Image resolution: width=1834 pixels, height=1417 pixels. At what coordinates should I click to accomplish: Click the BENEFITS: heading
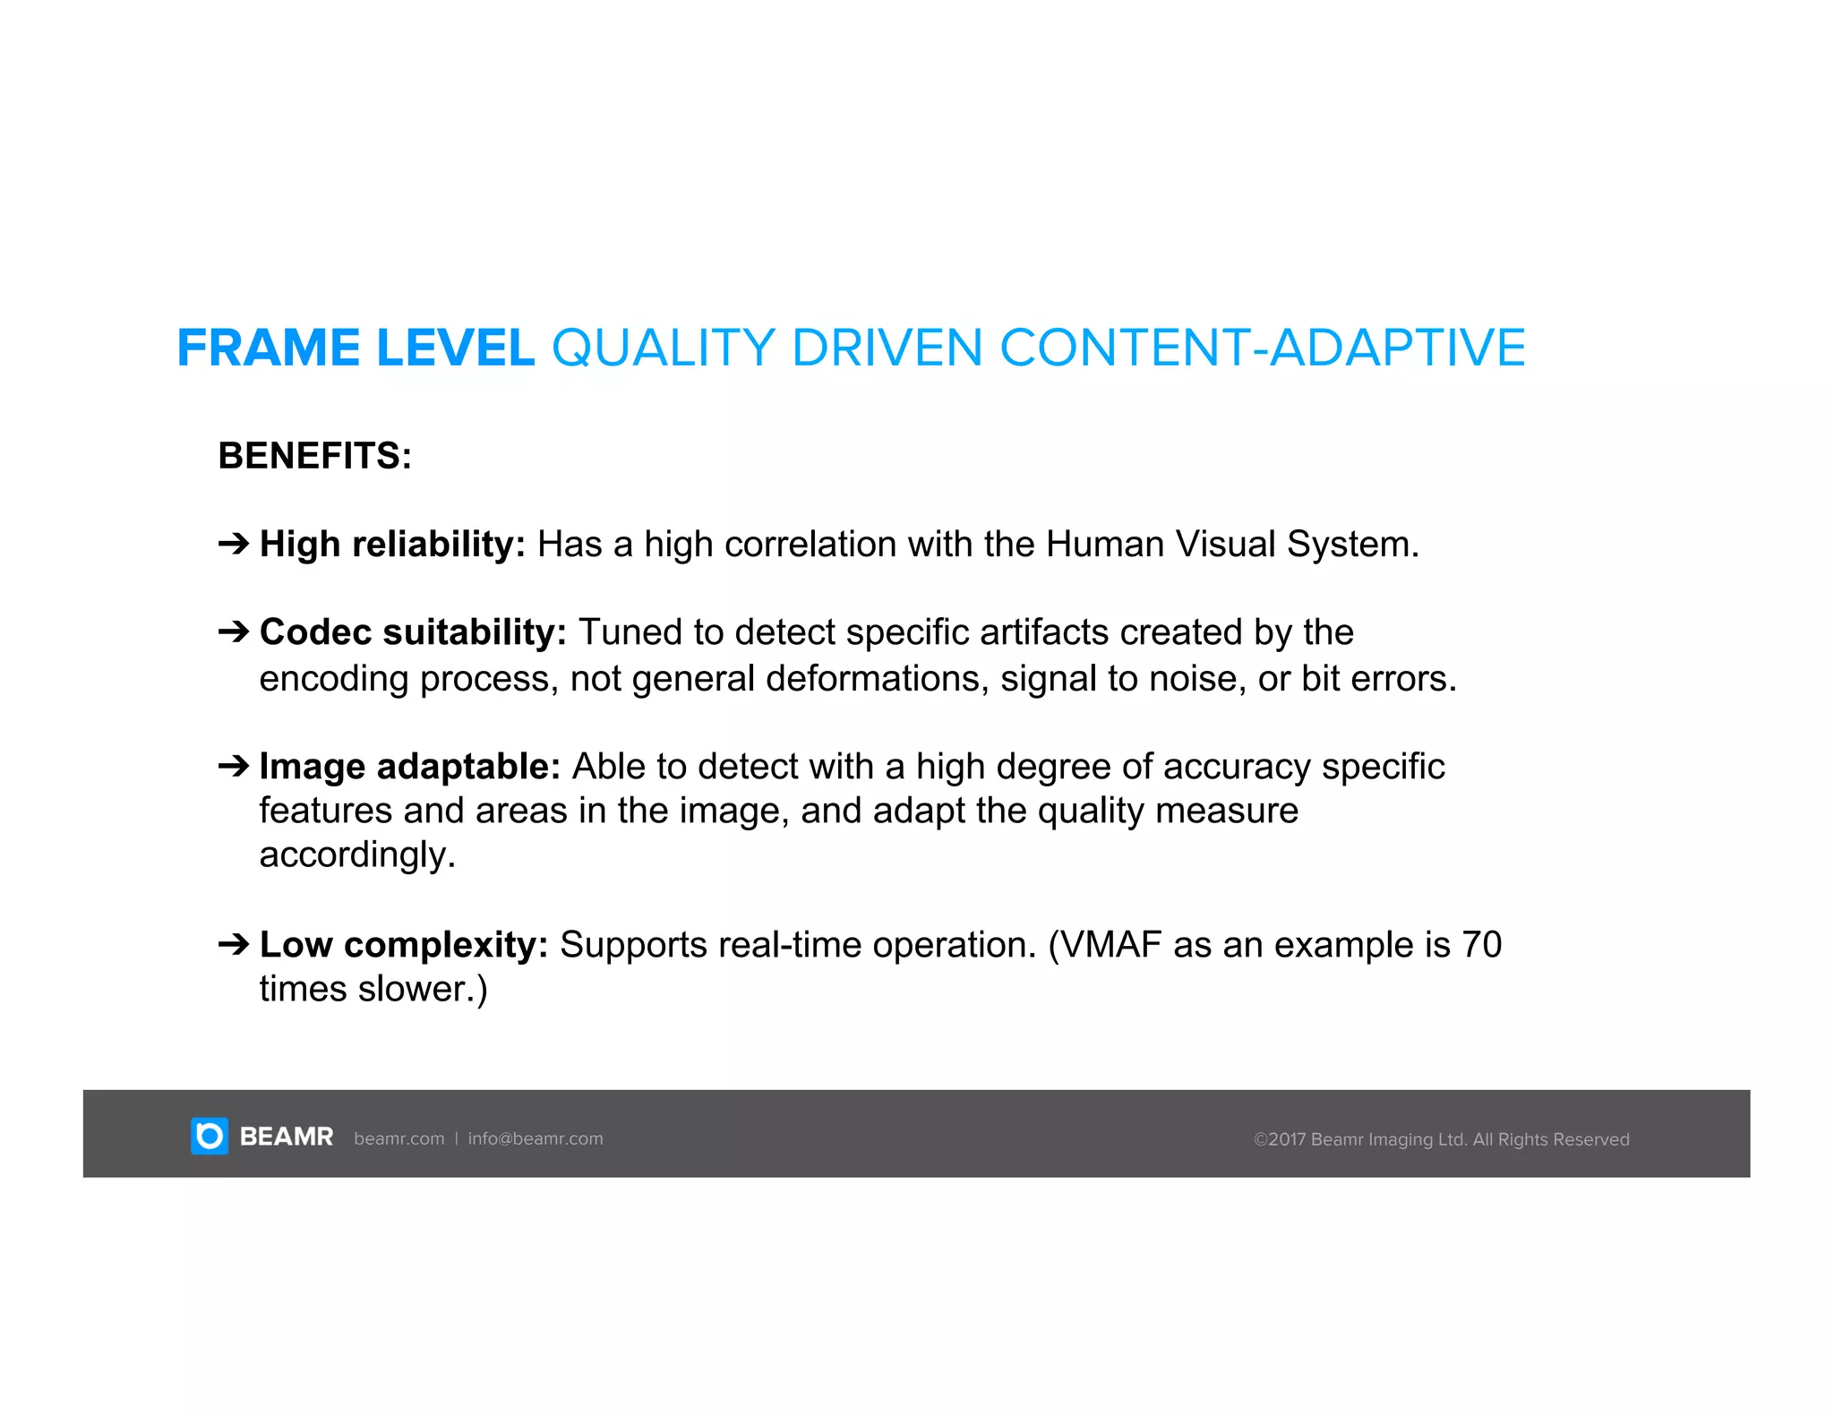314,456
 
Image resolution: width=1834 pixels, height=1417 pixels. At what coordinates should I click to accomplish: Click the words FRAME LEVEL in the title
356,348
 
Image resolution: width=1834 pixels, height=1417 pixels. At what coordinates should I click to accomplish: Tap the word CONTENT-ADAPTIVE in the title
1262,348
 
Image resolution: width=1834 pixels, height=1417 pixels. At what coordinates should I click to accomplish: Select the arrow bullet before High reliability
234,543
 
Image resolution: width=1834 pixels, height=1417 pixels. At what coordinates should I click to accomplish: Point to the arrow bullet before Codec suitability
234,631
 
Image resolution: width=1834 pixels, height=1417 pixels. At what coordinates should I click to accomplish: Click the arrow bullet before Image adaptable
234,766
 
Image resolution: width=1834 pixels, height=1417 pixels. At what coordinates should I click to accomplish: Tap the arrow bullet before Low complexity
234,944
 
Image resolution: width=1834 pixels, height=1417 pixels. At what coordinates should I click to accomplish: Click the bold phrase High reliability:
392,545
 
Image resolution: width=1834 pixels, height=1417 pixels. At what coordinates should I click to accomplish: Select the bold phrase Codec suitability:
413,632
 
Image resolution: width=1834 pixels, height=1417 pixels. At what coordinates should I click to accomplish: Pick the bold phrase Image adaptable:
409,767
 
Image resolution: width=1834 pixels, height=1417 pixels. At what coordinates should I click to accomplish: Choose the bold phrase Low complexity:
403,945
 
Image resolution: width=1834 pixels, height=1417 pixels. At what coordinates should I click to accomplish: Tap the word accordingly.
356,855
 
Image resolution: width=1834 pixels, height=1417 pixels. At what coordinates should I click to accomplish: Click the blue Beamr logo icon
210,1137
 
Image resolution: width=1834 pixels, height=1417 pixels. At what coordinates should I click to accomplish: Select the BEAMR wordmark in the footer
287,1138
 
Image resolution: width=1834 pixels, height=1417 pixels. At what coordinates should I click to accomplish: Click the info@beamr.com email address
536,1138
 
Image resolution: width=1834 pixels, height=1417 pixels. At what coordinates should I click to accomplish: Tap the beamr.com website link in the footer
399,1138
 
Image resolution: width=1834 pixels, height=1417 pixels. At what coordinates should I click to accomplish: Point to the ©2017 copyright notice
1441,1139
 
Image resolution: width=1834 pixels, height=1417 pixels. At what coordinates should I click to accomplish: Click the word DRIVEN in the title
887,348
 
